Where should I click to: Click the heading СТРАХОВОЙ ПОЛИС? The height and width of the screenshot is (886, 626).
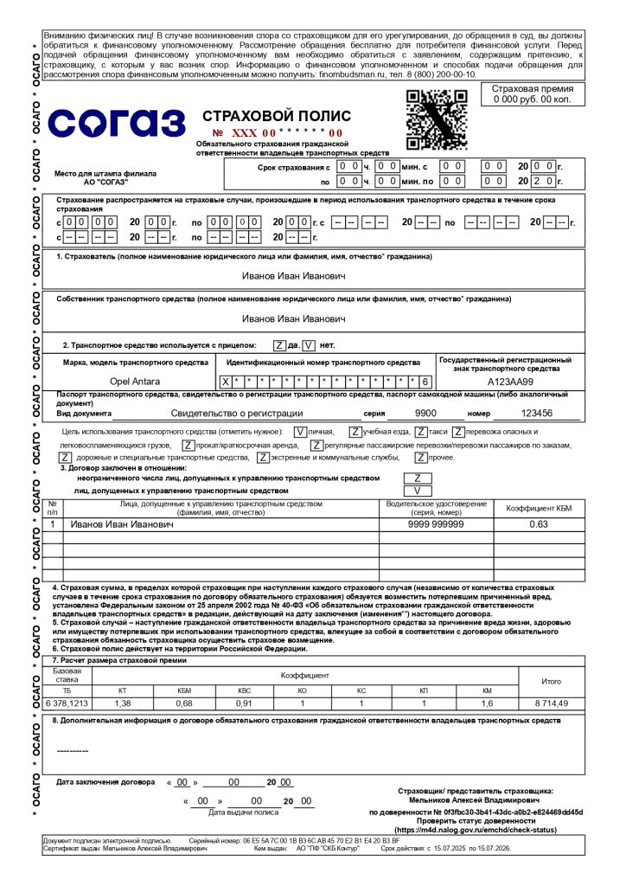[276, 116]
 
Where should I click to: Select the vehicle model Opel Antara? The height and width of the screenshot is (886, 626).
[134, 381]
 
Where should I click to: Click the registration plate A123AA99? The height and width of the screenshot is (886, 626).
[510, 381]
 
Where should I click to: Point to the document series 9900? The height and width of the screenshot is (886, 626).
[425, 414]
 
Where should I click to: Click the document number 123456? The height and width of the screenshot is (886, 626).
[536, 414]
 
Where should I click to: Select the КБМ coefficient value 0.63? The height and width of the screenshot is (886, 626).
[539, 524]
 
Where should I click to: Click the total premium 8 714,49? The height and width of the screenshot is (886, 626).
[551, 703]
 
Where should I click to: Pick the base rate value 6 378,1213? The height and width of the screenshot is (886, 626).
[67, 703]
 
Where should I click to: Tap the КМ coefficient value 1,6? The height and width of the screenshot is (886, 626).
[487, 703]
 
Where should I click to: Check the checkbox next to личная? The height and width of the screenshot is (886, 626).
[299, 431]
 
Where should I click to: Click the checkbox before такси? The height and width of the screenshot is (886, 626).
[420, 431]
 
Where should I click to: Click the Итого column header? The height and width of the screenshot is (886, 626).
[551, 681]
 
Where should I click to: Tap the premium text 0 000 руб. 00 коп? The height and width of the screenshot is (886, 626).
[532, 100]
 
